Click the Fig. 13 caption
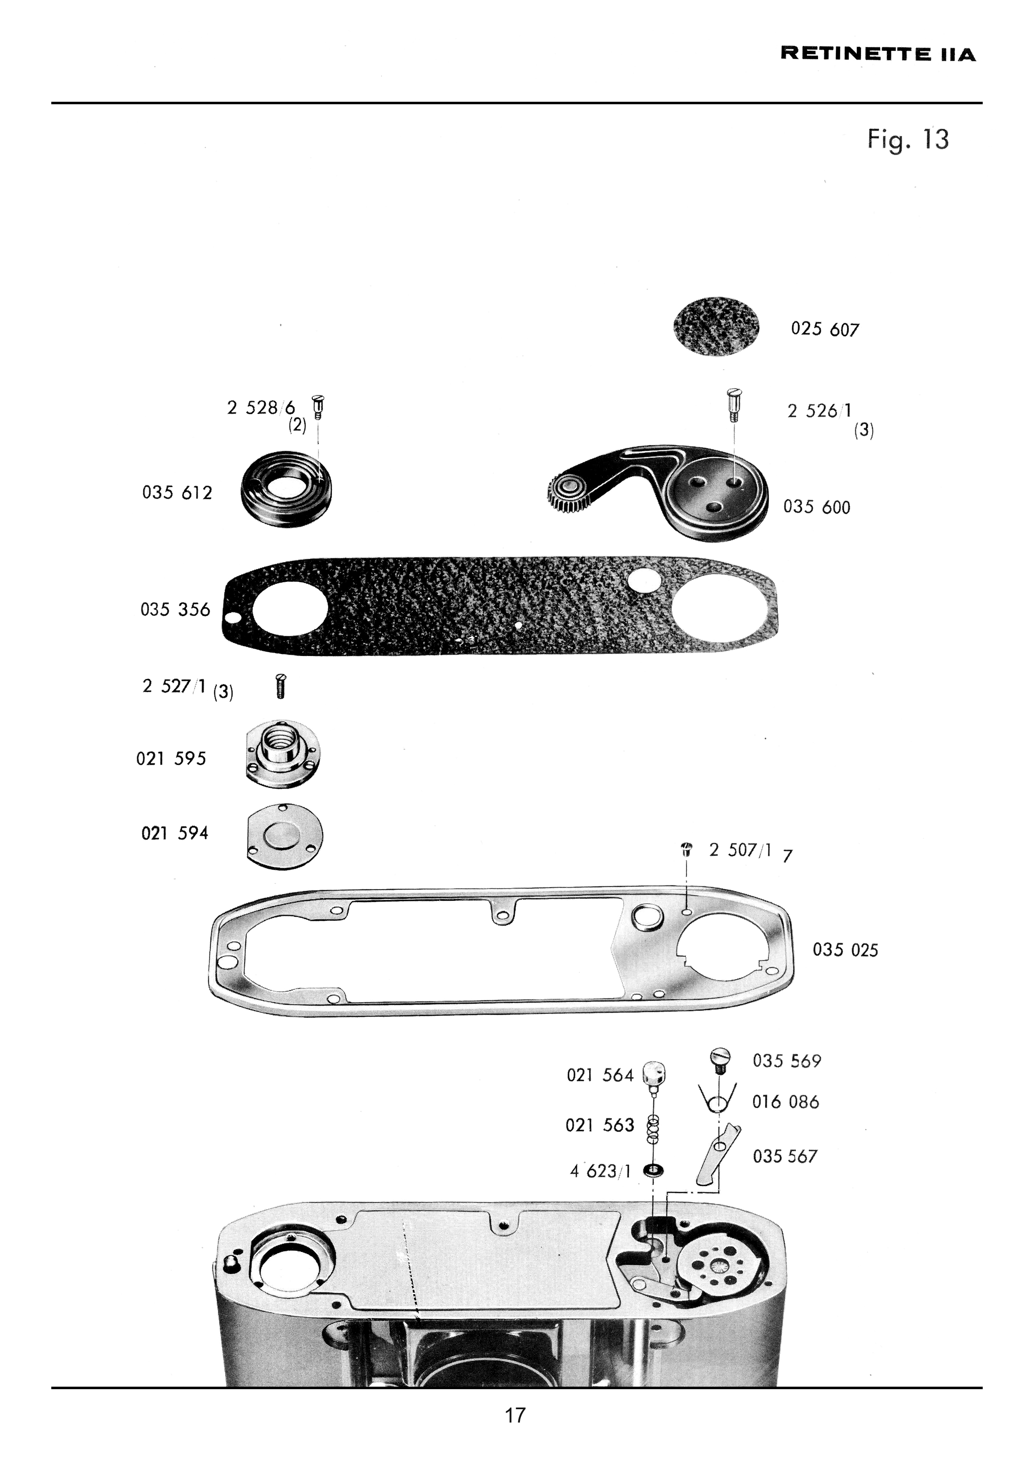coord(907,140)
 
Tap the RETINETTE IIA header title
coord(878,54)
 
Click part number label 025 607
coord(825,329)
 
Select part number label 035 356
coord(175,610)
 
